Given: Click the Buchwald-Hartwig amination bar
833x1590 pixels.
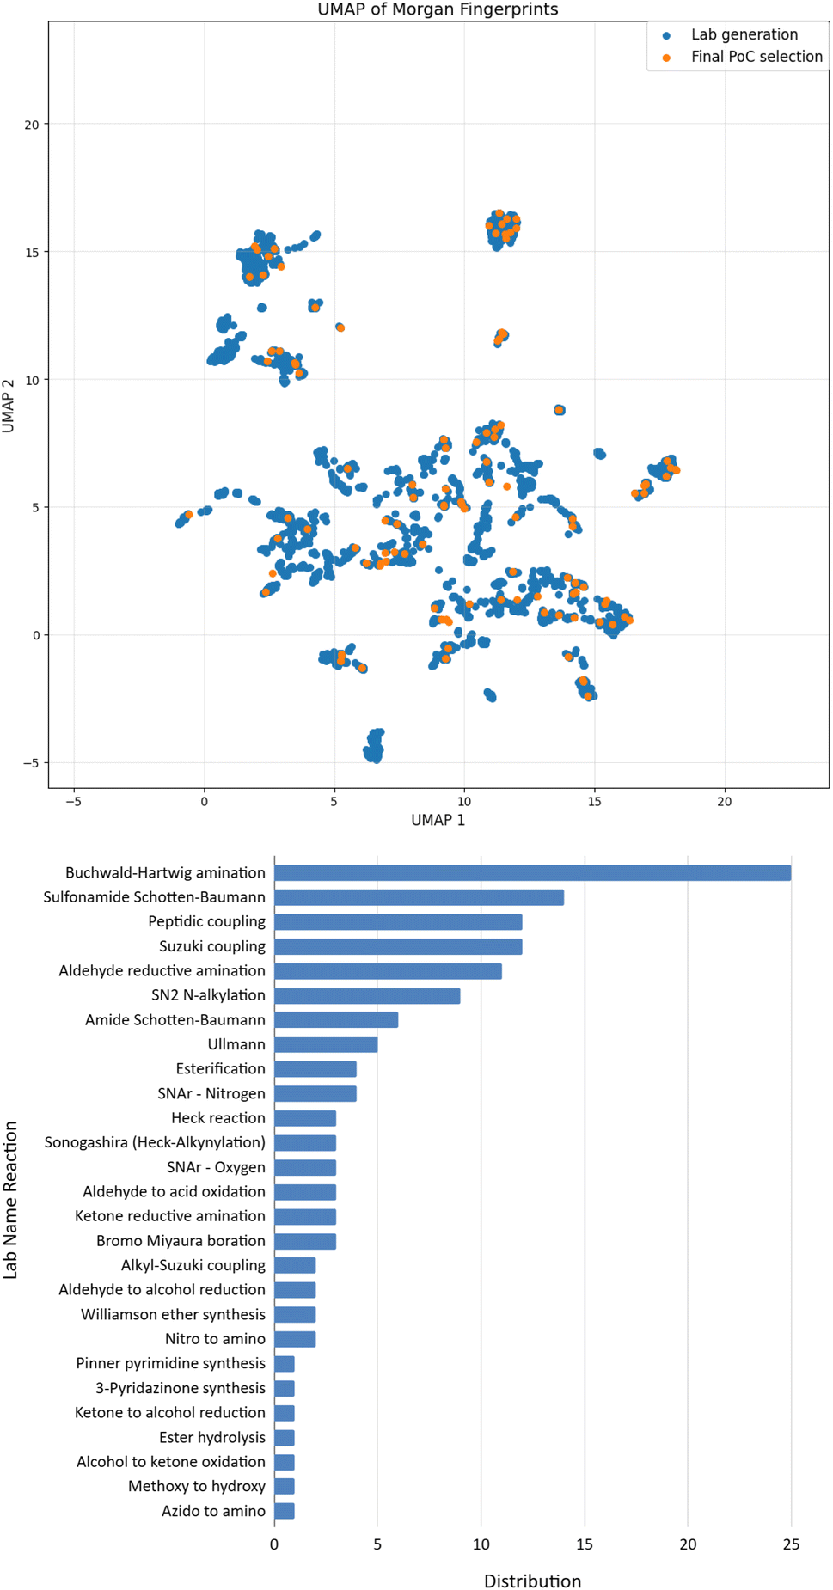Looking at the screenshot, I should [x=532, y=873].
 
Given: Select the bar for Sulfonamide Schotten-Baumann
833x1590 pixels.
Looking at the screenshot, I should [x=419, y=897].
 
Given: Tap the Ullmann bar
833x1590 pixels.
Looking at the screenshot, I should [x=326, y=1044].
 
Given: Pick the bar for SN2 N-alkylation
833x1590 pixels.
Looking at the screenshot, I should [x=367, y=995].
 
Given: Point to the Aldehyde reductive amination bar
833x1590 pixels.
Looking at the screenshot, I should [x=388, y=971].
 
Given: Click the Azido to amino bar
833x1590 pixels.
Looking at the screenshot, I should [x=285, y=1511].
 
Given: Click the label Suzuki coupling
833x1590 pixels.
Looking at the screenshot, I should [x=212, y=946].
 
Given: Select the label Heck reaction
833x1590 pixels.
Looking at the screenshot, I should [x=218, y=1118].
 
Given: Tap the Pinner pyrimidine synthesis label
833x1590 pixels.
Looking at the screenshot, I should [x=170, y=1363].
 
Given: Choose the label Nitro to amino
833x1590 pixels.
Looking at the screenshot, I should [x=215, y=1339].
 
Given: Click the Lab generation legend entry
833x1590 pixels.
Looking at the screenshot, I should [x=744, y=34].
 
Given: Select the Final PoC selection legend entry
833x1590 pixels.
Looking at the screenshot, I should [x=756, y=57].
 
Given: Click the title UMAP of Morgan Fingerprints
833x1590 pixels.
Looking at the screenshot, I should [x=438, y=9].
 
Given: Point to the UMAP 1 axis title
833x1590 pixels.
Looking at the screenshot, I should [x=438, y=820].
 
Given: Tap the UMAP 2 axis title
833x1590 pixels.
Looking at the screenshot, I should [x=9, y=406].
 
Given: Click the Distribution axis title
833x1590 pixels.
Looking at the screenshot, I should [x=532, y=1581].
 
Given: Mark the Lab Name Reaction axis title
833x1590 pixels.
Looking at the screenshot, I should [x=10, y=1200].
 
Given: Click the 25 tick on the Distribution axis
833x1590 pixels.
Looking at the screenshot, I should [x=791, y=1544].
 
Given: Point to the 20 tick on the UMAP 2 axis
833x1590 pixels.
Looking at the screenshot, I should [x=32, y=125].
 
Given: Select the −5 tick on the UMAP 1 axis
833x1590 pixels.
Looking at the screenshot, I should [x=73, y=801].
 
